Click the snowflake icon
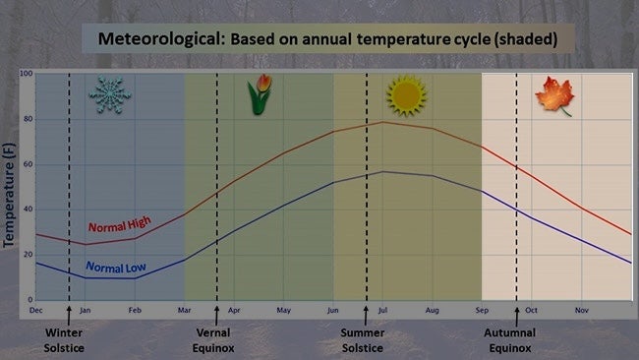pyautogui.click(x=109, y=95)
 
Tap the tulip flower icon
pyautogui.click(x=260, y=95)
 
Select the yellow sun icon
pyautogui.click(x=405, y=95)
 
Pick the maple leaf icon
pyautogui.click(x=553, y=96)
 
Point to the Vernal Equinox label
pyautogui.click(x=215, y=339)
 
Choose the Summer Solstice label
pyautogui.click(x=365, y=339)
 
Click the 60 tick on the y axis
pyautogui.click(x=28, y=164)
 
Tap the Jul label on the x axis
pyautogui.click(x=382, y=310)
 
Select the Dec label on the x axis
pyautogui.click(x=36, y=310)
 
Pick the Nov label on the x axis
pyautogui.click(x=581, y=310)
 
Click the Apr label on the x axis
pyautogui.click(x=234, y=310)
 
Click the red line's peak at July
pyautogui.click(x=382, y=122)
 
